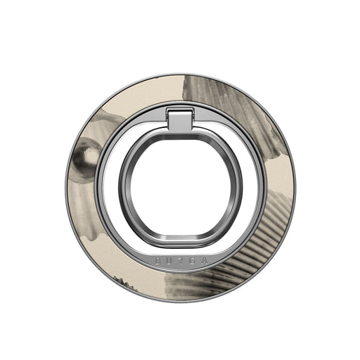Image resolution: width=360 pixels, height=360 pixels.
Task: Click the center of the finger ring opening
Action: click(x=180, y=188)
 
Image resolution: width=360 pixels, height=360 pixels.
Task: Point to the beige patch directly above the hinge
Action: click(x=180, y=91)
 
